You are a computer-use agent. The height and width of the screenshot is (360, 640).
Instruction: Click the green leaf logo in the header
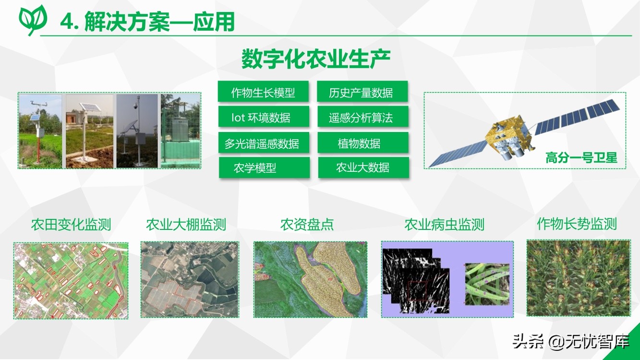33,20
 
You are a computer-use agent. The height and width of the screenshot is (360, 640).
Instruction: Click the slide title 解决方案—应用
159,22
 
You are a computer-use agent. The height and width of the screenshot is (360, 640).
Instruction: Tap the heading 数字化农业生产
316,59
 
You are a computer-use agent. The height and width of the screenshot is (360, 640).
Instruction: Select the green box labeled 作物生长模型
263,91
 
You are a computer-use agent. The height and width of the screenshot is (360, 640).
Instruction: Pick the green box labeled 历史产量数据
362,91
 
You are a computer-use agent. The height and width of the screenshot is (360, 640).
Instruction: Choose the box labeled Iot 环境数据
264,117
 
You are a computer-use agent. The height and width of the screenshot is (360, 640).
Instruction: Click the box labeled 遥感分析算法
363,117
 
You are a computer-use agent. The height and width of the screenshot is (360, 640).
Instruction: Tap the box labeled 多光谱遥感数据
264,142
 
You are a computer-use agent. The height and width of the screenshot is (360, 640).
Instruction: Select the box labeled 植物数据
363,142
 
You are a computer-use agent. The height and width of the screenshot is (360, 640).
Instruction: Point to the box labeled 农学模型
264,168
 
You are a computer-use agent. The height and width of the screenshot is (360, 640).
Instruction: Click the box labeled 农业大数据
363,168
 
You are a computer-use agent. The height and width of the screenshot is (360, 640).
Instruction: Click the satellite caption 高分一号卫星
581,158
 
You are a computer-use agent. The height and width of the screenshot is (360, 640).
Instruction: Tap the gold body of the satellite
508,134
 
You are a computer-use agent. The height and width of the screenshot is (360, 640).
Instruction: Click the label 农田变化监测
71,225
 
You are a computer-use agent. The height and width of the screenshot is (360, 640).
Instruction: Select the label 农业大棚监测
186,225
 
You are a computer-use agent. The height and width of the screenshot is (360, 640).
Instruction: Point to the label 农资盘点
307,225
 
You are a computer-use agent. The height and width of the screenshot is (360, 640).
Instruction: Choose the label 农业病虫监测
444,225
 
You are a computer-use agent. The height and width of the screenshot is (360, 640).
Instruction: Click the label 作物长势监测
577,224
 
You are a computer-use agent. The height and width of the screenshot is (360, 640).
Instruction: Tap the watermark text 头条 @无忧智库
571,341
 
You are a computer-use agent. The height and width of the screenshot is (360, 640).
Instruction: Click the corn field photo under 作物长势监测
579,278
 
